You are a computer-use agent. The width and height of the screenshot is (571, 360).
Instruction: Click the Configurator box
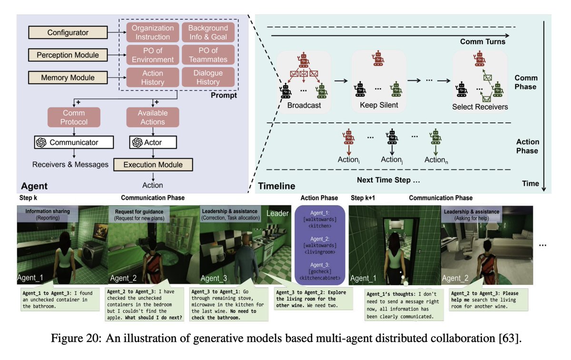click(68, 32)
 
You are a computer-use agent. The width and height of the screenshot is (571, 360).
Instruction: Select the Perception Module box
click(68, 55)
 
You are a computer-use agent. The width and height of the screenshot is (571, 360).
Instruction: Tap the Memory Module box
click(68, 78)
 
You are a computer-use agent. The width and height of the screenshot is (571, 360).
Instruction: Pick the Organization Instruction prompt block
click(153, 32)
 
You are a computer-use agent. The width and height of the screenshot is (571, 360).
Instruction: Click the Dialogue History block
click(208, 77)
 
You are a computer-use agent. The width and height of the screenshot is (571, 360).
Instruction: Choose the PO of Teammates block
click(208, 55)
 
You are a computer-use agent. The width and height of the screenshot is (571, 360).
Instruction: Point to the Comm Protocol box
click(74, 117)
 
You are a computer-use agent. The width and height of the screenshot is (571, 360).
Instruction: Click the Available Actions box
click(153, 117)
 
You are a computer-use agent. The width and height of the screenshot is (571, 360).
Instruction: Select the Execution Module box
click(153, 165)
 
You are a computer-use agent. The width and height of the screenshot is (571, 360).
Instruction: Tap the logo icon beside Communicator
click(41, 142)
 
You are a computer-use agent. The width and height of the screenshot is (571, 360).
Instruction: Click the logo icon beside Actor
click(137, 142)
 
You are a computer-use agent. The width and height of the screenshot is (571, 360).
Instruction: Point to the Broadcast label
click(304, 105)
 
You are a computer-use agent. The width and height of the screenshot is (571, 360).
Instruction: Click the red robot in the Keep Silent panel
click(378, 58)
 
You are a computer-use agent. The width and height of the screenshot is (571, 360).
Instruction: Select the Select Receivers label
click(480, 107)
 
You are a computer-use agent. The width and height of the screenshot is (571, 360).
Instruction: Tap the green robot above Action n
click(435, 136)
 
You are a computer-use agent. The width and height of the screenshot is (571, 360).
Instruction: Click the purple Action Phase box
click(320, 245)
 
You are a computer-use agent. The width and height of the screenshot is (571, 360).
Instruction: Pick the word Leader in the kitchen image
click(277, 213)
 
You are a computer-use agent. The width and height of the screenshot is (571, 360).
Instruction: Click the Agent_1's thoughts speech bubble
click(404, 305)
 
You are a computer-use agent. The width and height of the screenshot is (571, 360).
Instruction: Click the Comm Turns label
click(482, 41)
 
